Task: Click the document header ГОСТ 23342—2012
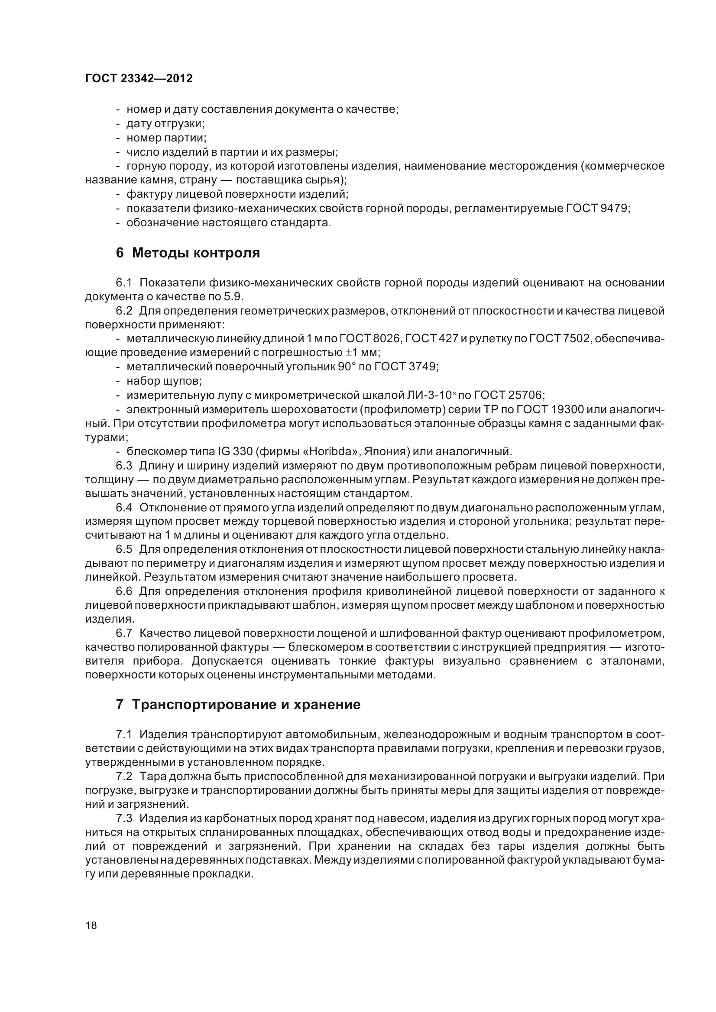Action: click(139, 78)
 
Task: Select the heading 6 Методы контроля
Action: click(188, 253)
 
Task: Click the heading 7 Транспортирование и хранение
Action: click(238, 705)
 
